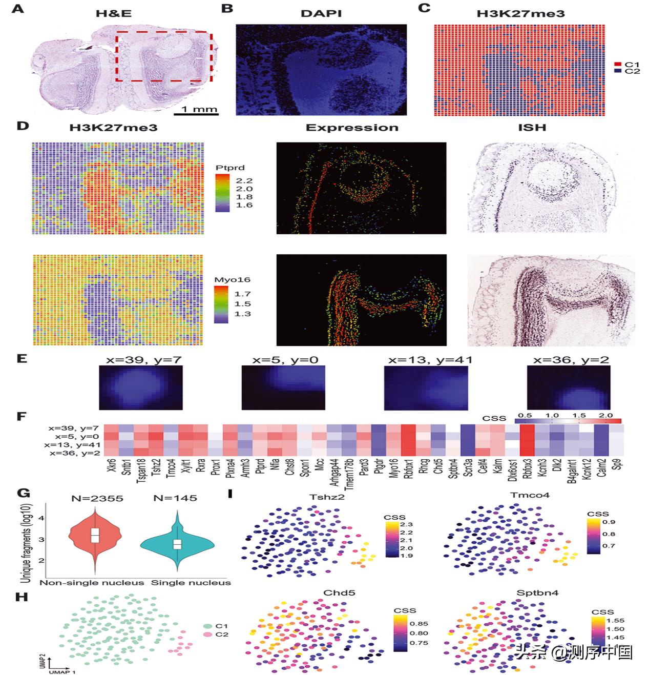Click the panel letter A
pos(18,9)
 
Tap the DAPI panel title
pos(321,12)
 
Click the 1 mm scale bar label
pos(200,109)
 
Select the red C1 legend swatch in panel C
pos(618,64)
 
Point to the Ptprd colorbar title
pos(229,168)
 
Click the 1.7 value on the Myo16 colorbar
pos(242,294)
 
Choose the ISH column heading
pos(532,128)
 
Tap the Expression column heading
pos(352,128)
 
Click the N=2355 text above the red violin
pos(97,498)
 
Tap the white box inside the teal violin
pos(177,544)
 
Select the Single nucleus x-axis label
pos(191,582)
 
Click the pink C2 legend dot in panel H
pos(207,635)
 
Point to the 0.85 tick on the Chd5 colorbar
pos(420,624)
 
